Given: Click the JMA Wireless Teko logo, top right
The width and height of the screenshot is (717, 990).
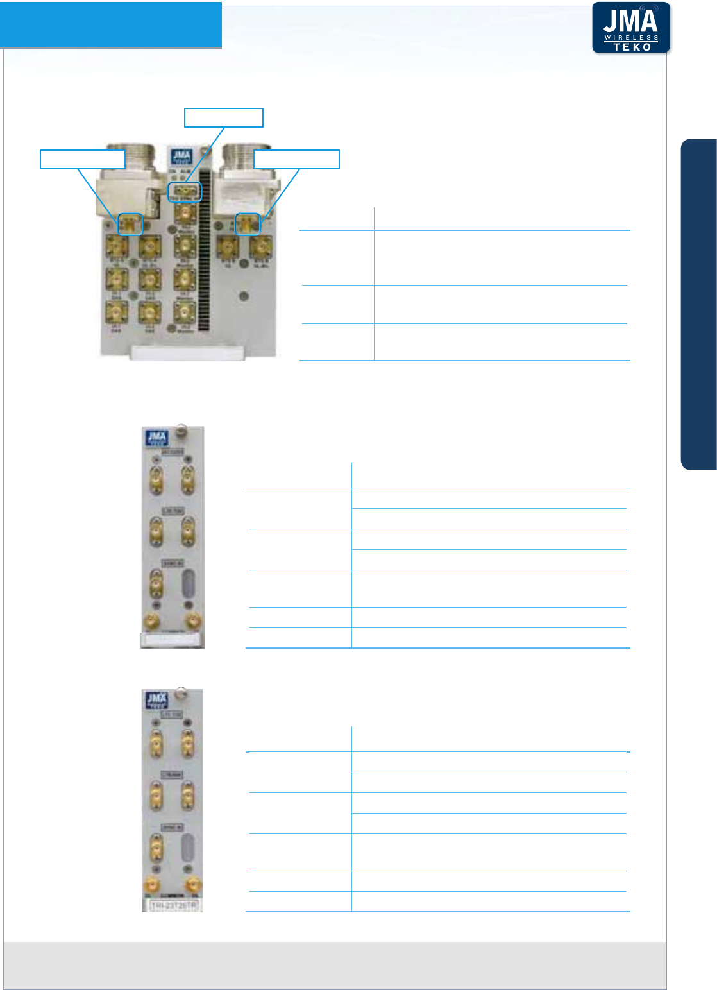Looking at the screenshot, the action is tap(630, 28).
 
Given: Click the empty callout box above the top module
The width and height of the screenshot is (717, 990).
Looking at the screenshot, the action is tap(224, 117).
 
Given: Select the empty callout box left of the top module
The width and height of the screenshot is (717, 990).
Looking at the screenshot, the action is tap(82, 159).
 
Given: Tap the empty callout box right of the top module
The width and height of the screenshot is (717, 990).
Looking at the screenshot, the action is tap(296, 159).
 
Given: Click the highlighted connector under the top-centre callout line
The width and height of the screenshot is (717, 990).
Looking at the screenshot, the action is tap(184, 191).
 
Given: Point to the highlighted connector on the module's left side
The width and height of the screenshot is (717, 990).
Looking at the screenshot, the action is tap(131, 224).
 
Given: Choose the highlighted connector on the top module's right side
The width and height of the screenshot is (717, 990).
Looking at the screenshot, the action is tap(248, 224).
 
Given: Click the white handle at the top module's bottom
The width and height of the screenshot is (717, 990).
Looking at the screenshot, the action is tap(187, 352).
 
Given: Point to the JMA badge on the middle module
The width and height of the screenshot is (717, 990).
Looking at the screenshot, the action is tap(156, 439).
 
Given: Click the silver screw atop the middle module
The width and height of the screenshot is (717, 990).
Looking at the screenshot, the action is tap(181, 431).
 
